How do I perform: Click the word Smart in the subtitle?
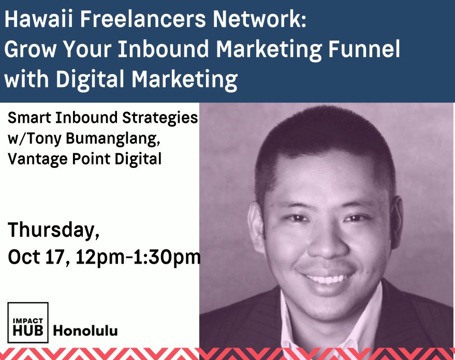click(28, 118)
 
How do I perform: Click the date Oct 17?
click(38, 257)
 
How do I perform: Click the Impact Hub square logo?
click(28, 323)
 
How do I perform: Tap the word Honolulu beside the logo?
click(85, 330)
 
